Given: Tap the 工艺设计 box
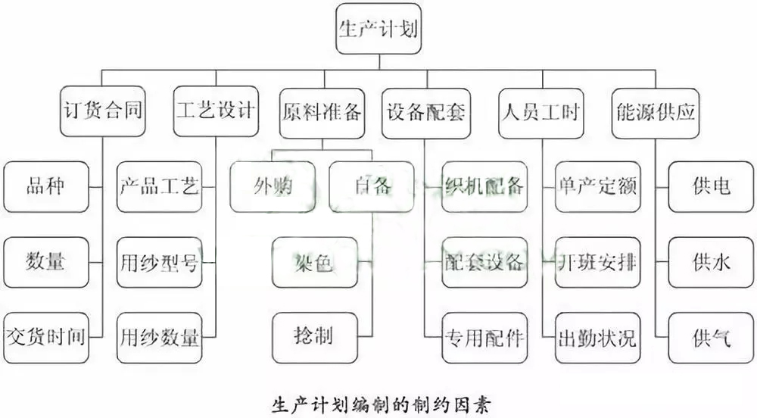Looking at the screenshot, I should tap(216, 113).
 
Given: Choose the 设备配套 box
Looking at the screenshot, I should tap(425, 113).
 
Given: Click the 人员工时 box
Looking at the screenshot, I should tap(540, 113).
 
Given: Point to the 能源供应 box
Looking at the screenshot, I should tap(654, 113).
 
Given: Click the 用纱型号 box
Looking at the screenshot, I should tap(159, 262).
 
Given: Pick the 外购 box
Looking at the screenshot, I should tap(273, 186).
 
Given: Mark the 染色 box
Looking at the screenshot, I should tap(314, 262).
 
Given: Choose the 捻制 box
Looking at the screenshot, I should tap(314, 335).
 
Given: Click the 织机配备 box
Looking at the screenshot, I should tap(483, 186).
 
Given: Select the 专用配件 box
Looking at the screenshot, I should tap(483, 335).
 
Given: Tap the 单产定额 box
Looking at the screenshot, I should tap(597, 186).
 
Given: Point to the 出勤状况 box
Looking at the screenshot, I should tap(597, 335).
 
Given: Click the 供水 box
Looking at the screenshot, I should tap(711, 262).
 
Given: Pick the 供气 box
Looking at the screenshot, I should tap(711, 335).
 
